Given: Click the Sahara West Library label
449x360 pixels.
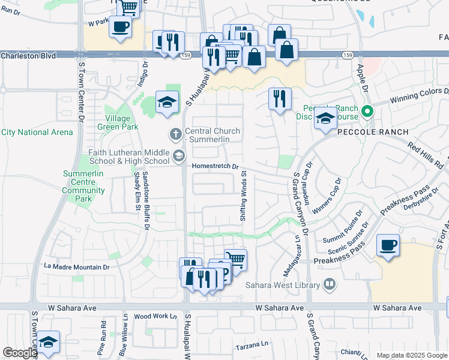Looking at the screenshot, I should click(280, 284).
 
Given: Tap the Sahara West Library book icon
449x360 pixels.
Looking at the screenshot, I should click(329, 284).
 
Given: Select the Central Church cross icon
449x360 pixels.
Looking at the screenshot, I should click(175, 133).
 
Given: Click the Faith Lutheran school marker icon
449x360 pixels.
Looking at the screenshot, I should click(178, 157).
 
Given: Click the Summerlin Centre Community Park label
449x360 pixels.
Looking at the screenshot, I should click(83, 182).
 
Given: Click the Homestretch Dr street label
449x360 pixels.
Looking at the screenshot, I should click(215, 167).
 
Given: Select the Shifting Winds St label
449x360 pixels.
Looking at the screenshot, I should click(244, 196).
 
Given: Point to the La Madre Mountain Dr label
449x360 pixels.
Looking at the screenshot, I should click(77, 266).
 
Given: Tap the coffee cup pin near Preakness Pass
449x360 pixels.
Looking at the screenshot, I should click(388, 245).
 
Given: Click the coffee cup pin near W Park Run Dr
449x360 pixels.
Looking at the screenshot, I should click(121, 26).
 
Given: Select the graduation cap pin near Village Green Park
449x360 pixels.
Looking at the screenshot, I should click(167, 101).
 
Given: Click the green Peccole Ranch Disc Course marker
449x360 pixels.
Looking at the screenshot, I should click(369, 112).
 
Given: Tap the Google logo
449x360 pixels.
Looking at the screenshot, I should click(20, 353).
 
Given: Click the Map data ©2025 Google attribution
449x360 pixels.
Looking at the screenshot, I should click(411, 355).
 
